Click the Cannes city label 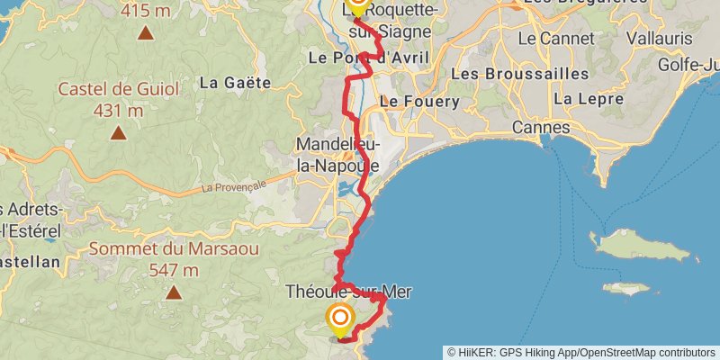pos(541,128)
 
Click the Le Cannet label pos(555,39)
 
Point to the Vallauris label pos(651,39)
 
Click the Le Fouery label pos(419,103)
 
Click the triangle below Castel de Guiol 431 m pos(118,133)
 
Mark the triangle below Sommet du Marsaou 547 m pos(173,292)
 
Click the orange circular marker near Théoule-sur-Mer pos(340,319)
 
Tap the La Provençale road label pos(234,187)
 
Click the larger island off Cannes pos(643,245)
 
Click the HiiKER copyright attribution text pos(581,352)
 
